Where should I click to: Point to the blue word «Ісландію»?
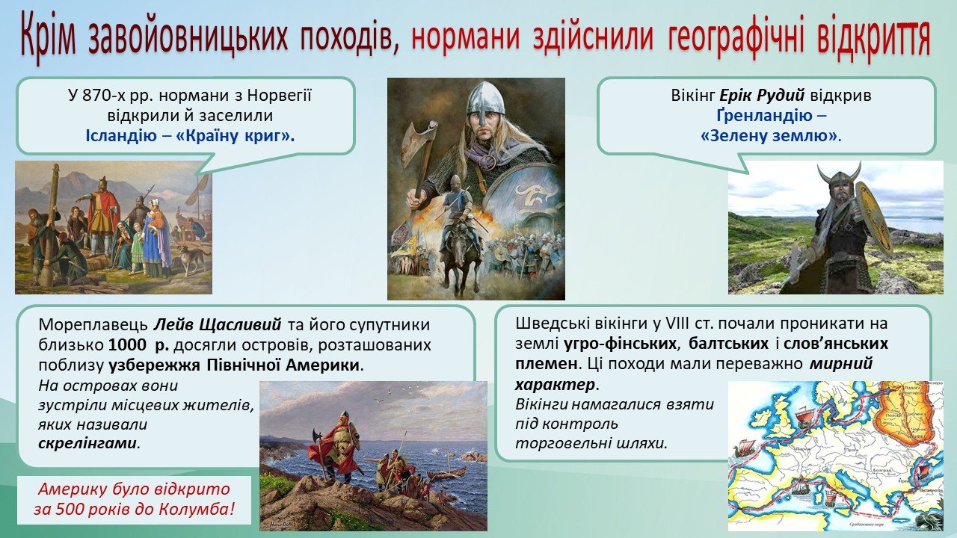tap(121, 136)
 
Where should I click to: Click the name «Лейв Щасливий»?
tap(218, 324)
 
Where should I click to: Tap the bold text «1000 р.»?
tap(138, 345)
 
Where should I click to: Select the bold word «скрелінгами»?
tap(87, 443)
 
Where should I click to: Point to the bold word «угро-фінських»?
tap(621, 343)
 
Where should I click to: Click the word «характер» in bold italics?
tap(555, 385)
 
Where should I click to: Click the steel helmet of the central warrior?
tap(484, 99)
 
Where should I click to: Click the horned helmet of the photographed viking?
tap(839, 179)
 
